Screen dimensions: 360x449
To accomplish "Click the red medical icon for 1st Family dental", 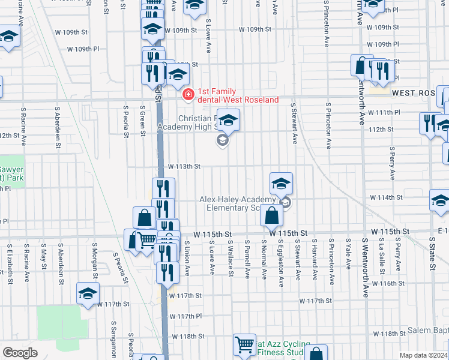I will click(x=188, y=94).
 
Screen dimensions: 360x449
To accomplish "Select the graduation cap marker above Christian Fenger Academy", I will click(x=228, y=121).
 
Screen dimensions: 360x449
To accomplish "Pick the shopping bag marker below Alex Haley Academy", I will click(x=272, y=215).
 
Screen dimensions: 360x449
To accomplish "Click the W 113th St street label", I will click(x=184, y=166).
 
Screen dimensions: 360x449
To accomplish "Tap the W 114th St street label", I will click(x=385, y=197).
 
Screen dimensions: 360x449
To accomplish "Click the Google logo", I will click(x=20, y=353).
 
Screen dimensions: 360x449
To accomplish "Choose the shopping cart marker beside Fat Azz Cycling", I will click(x=245, y=344).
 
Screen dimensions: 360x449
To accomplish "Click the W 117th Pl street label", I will click(x=185, y=316).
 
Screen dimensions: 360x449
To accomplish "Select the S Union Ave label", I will click(x=187, y=259).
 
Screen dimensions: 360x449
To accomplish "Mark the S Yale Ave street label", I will click(x=348, y=256).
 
